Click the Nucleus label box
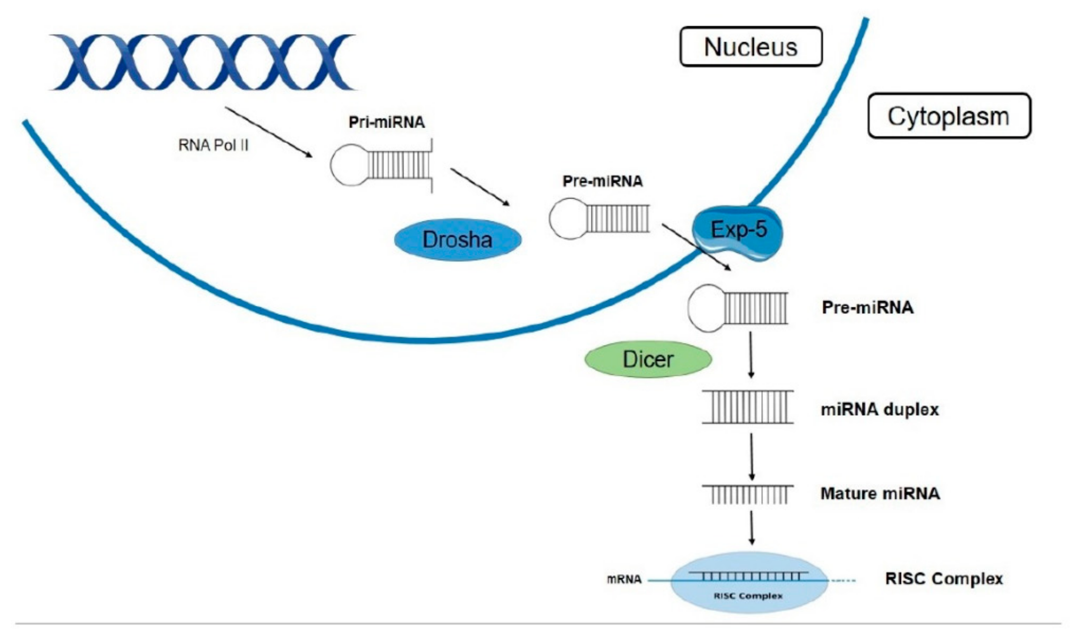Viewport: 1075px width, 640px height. tap(750, 47)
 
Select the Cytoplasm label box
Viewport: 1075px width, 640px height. tap(949, 116)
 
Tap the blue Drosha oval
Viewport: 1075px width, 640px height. tap(457, 239)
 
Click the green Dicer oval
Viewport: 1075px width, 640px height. tap(648, 359)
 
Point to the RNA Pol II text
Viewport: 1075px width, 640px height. tap(214, 146)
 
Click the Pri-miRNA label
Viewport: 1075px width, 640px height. tap(386, 122)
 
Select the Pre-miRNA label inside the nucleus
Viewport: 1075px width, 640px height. tap(602, 181)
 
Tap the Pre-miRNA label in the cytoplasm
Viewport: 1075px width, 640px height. tap(868, 308)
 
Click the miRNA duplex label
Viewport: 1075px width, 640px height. tap(880, 409)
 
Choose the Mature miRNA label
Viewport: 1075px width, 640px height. tap(880, 493)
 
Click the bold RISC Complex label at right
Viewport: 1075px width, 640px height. tap(944, 578)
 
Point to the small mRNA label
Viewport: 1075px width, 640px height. tap(624, 579)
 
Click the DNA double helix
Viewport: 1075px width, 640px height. tap(203, 63)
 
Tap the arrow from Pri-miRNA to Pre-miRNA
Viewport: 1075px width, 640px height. tap(480, 187)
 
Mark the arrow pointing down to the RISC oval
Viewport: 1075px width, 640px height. tap(751, 527)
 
